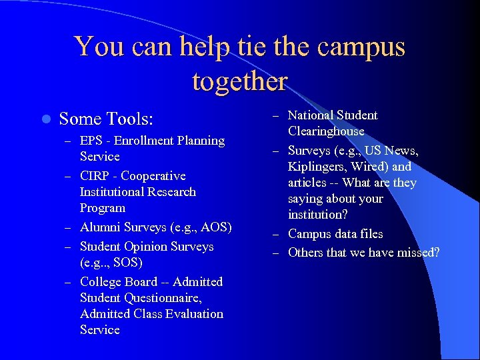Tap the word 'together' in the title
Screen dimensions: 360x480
[239, 81]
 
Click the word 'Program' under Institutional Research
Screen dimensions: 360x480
[102, 208]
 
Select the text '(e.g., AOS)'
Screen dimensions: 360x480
[200, 227]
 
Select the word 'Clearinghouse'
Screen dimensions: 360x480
[326, 131]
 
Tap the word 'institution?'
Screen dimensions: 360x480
[318, 215]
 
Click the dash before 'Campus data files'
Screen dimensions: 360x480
[277, 235]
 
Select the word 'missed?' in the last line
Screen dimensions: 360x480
[416, 253]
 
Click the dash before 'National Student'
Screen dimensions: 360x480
[277, 116]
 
